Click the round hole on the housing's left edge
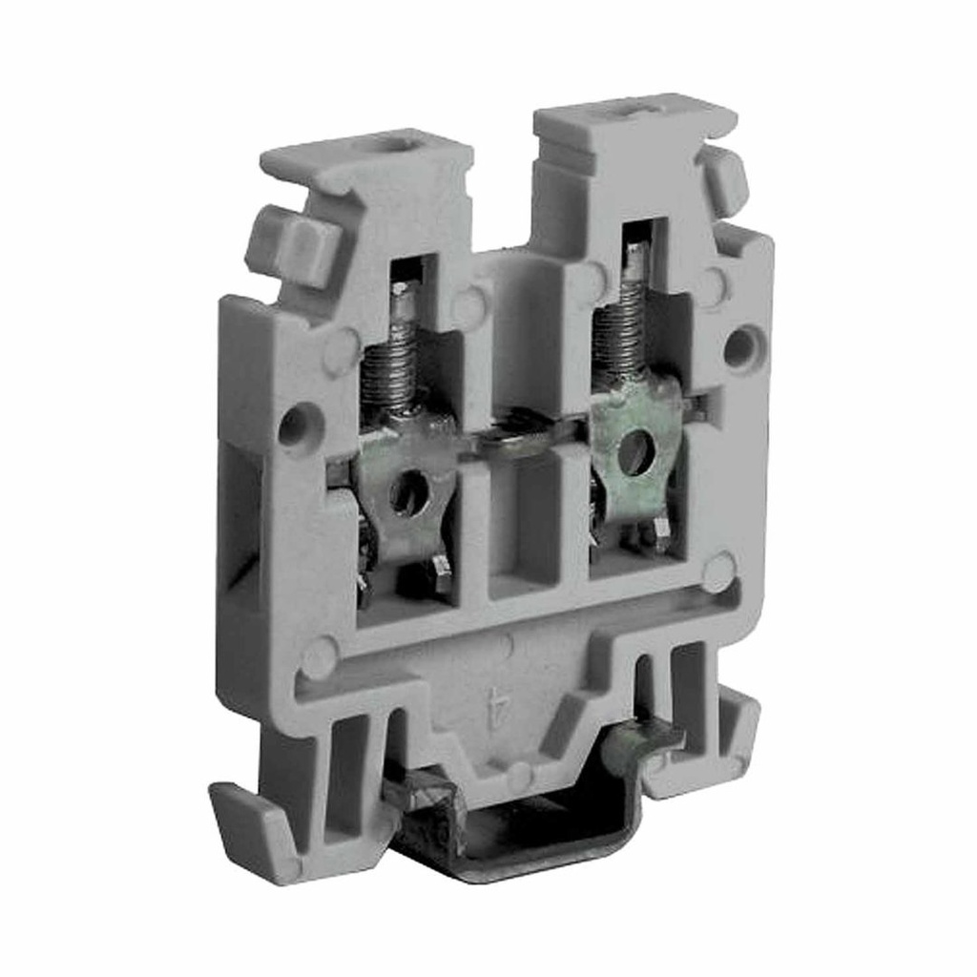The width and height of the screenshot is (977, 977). (x=297, y=425)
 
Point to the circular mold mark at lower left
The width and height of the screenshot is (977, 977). (x=319, y=657)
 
